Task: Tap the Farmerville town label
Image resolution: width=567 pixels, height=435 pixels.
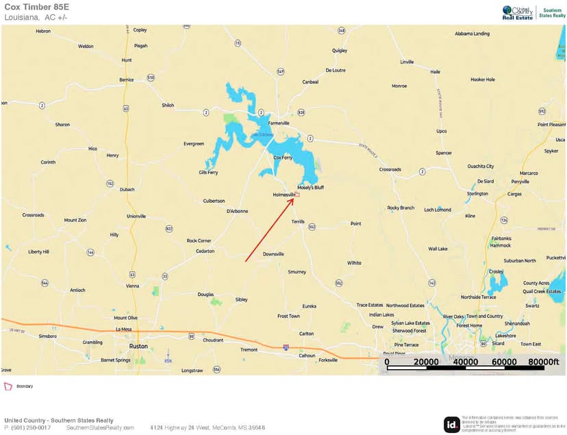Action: [x=279, y=123]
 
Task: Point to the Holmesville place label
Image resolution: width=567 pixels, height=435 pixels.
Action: [x=283, y=195]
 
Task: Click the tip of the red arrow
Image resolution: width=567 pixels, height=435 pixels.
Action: [x=295, y=196]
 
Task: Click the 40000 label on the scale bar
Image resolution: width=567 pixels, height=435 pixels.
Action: [x=464, y=362]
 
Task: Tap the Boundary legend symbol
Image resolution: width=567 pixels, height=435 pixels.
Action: [x=8, y=386]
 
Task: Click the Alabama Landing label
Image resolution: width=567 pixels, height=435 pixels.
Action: [x=472, y=34]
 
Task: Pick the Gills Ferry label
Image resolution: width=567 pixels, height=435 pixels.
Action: [x=208, y=173]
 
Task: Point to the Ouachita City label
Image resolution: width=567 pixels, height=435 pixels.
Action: [x=480, y=166]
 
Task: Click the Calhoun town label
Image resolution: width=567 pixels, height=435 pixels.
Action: [x=307, y=356]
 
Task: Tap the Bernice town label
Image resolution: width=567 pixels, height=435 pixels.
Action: [x=127, y=79]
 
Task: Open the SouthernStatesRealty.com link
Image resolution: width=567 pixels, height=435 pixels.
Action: [x=100, y=427]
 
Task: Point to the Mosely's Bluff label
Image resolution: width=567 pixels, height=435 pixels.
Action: [x=310, y=188]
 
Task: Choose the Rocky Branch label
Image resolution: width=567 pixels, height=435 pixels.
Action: [x=401, y=208]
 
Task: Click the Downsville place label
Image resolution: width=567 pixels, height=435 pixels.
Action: [x=273, y=254]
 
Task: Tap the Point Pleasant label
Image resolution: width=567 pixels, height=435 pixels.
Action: [x=551, y=125]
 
